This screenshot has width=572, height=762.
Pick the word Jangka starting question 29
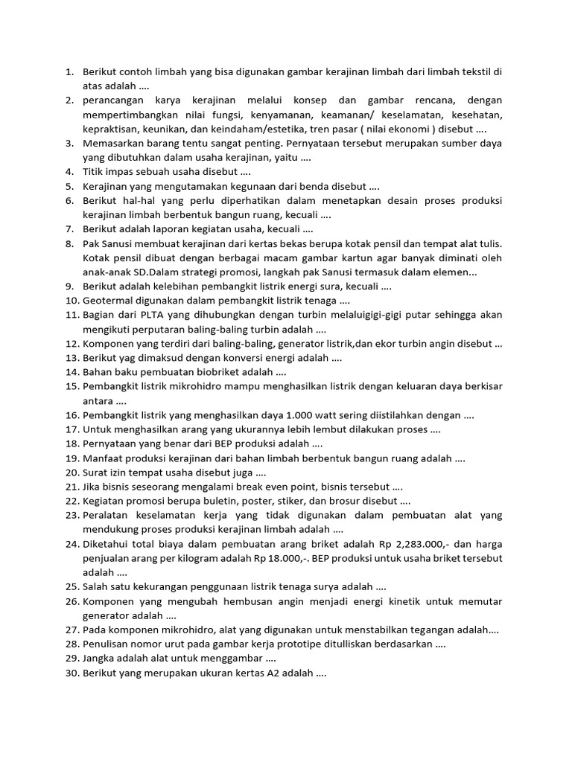pyautogui.click(x=101, y=659)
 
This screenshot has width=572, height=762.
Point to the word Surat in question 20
pyautogui.click(x=96, y=473)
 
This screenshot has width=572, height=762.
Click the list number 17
pyautogui.click(x=72, y=429)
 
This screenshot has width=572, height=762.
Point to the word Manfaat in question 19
pyautogui.click(x=103, y=458)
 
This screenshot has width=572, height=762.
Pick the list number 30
pyautogui.click(x=72, y=673)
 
